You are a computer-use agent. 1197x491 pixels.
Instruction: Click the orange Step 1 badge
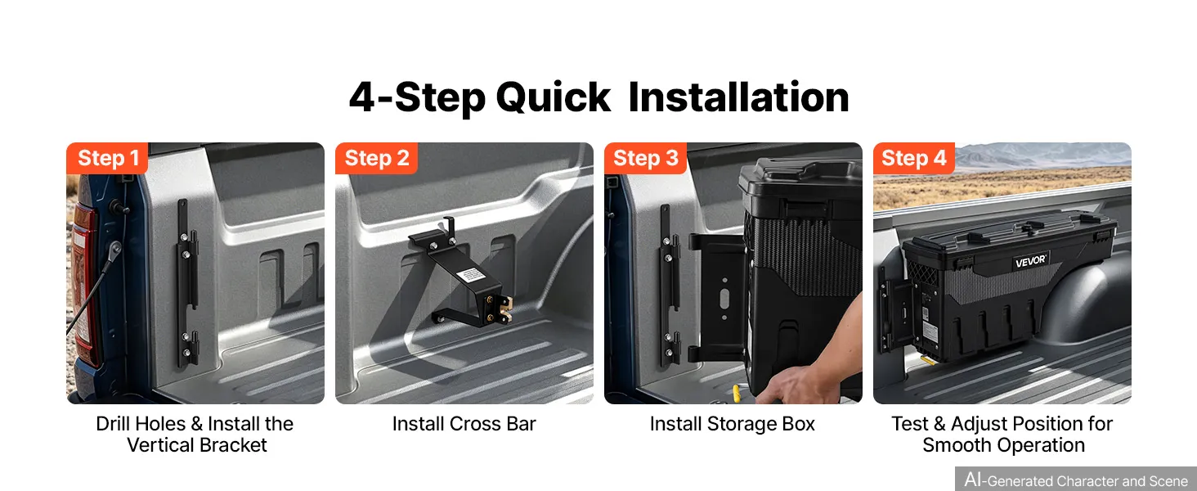107,158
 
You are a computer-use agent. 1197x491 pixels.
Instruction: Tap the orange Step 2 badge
376,158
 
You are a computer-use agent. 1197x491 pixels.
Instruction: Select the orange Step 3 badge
645,158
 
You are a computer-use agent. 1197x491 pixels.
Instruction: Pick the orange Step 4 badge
914,158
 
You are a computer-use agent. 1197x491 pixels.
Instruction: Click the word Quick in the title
553,99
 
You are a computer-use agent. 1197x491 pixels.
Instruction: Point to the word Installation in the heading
738,97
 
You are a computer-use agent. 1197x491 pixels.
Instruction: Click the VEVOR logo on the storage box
1030,262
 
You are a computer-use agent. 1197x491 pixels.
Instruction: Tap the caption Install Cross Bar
464,424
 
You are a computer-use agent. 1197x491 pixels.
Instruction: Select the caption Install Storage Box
732,424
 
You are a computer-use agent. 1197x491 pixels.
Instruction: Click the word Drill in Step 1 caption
113,424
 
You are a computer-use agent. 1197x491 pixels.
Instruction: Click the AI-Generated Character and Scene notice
1076,480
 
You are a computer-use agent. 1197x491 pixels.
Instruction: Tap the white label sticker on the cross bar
471,276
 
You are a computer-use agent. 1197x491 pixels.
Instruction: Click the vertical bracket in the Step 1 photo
186,283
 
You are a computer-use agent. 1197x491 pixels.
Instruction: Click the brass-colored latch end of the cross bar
505,309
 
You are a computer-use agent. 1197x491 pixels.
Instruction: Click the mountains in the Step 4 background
1042,156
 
